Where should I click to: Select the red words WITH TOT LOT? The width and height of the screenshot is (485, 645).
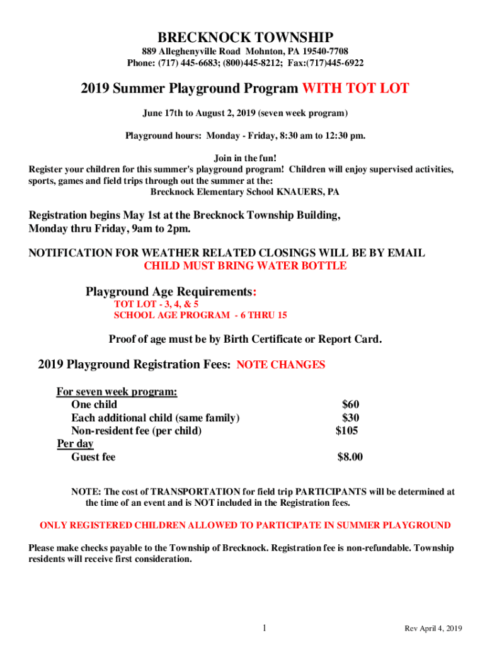coord(356,88)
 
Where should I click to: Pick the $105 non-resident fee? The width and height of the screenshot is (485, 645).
coord(347,431)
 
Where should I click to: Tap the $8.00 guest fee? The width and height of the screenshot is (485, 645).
coord(350,457)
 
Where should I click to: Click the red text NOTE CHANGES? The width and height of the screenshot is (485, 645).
coord(280,365)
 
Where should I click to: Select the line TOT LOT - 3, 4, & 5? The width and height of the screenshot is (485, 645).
coord(156,304)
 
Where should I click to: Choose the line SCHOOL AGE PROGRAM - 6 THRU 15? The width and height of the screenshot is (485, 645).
coord(200,315)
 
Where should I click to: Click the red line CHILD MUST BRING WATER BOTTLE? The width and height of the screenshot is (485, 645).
coord(245,266)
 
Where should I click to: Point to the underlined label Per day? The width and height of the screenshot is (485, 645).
coord(75,444)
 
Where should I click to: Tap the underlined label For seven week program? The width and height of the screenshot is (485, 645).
coord(117,392)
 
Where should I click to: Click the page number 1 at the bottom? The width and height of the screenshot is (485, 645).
coord(265,628)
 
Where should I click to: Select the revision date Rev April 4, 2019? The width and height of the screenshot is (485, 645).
coord(433,629)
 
